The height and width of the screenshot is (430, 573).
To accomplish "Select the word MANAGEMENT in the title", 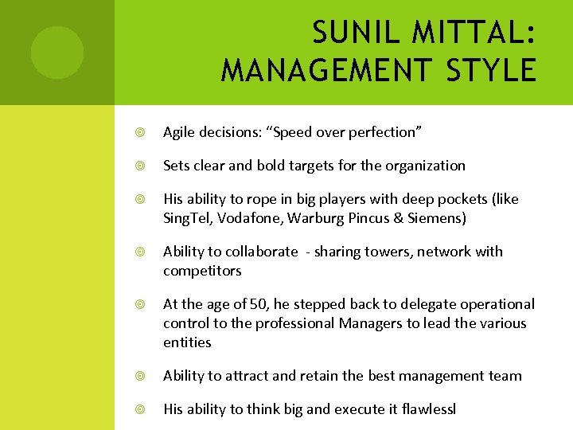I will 323,70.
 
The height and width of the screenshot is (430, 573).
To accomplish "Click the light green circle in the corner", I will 57,52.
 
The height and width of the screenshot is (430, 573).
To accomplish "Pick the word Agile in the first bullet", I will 179,132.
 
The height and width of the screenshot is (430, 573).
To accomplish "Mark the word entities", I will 187,342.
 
